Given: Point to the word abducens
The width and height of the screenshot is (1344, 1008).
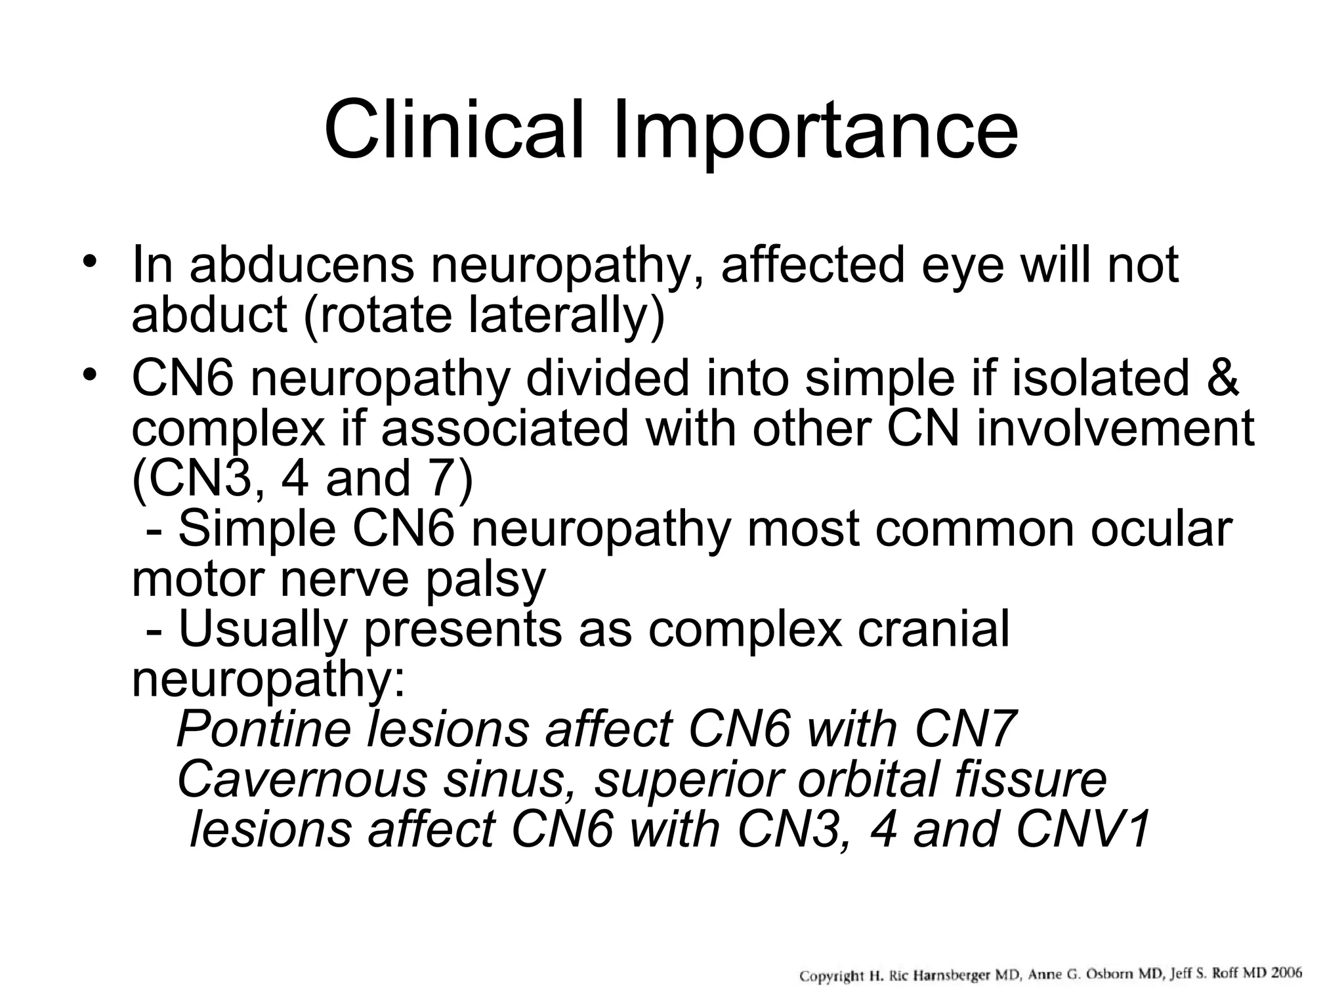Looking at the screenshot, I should [302, 265].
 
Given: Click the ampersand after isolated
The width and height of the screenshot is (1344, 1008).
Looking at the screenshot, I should [1222, 379].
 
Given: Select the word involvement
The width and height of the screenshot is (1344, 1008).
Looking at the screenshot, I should [1116, 429].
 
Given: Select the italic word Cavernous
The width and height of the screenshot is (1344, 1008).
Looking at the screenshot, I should [302, 780].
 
